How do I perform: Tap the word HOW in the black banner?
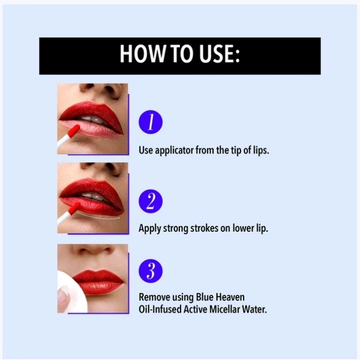click(142, 54)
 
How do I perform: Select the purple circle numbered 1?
click(151, 122)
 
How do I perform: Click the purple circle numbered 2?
click(151, 201)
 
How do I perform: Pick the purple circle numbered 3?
click(151, 271)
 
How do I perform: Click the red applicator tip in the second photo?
click(74, 208)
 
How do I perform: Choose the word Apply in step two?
click(149, 229)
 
